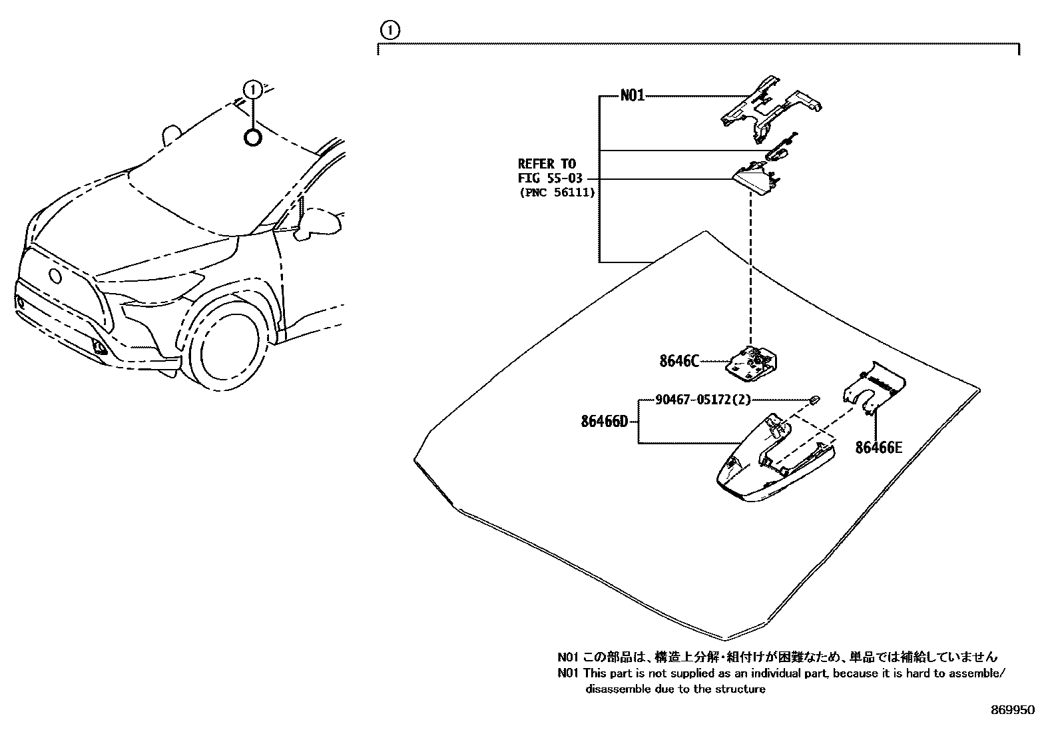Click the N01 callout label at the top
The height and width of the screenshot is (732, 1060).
632,96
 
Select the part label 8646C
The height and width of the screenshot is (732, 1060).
678,362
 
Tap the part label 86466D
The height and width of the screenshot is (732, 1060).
604,422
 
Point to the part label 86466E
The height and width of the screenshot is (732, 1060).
878,448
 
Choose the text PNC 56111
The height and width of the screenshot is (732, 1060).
556,192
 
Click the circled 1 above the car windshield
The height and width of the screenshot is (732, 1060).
252,89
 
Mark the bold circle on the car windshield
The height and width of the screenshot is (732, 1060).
252,138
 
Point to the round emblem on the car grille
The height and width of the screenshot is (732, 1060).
53,276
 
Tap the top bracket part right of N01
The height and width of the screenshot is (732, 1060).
770,107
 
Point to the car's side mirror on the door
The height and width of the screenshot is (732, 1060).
316,223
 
